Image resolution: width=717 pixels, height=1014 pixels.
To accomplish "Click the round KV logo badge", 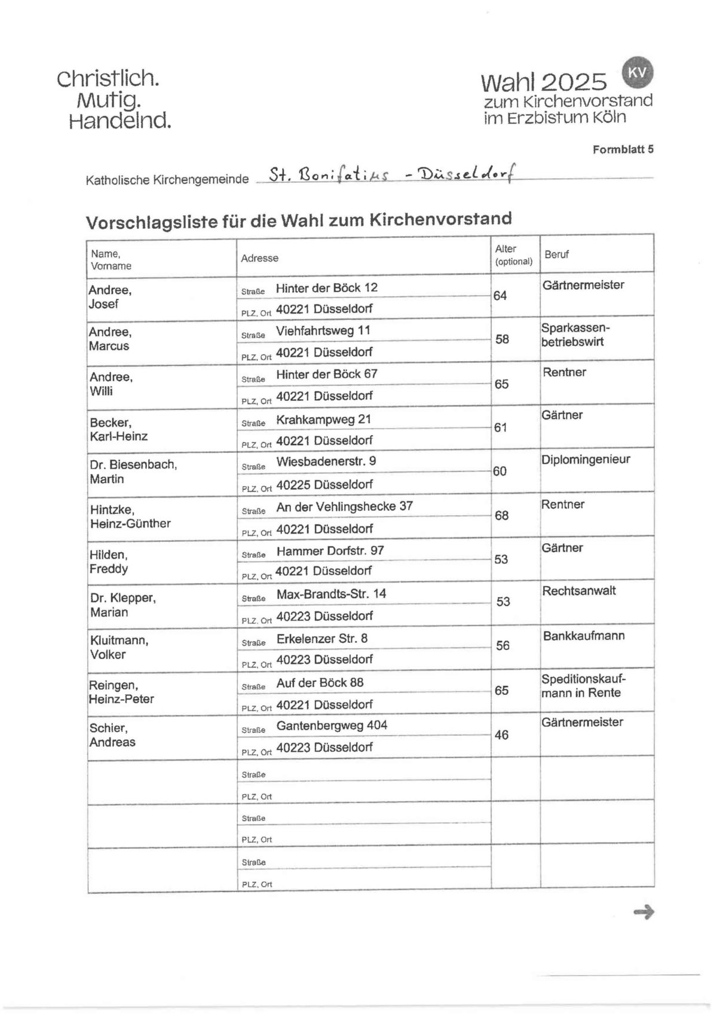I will (638, 72).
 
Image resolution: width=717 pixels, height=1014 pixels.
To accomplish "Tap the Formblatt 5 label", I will (623, 149).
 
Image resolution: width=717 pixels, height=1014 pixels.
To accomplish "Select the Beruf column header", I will (556, 255).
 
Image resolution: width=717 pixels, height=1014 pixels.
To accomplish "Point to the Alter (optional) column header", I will (513, 255).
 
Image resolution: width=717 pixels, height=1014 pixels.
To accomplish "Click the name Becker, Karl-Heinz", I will (118, 429).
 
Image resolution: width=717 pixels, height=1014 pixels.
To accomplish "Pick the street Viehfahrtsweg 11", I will (323, 330).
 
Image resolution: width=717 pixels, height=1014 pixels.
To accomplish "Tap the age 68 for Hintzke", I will (501, 515).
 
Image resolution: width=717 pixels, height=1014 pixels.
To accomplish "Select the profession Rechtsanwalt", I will (578, 591).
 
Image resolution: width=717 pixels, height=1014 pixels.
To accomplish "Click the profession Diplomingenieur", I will (585, 459).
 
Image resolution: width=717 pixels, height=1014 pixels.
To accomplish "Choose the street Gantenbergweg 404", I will (332, 725).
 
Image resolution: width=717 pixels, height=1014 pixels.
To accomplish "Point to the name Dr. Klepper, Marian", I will (122, 605).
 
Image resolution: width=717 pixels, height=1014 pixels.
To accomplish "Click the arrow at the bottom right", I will (644, 912).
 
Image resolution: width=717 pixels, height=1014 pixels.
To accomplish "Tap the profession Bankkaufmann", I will (583, 635).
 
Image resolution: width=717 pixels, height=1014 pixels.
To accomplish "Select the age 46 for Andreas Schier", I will (501, 734).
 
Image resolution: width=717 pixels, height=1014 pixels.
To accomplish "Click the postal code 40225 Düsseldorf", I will (324, 484).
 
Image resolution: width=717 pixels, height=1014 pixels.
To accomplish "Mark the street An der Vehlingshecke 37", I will (344, 506).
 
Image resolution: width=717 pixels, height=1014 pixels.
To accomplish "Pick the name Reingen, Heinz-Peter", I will (121, 691).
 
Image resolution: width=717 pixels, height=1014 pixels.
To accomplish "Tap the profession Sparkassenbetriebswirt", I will (575, 335).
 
